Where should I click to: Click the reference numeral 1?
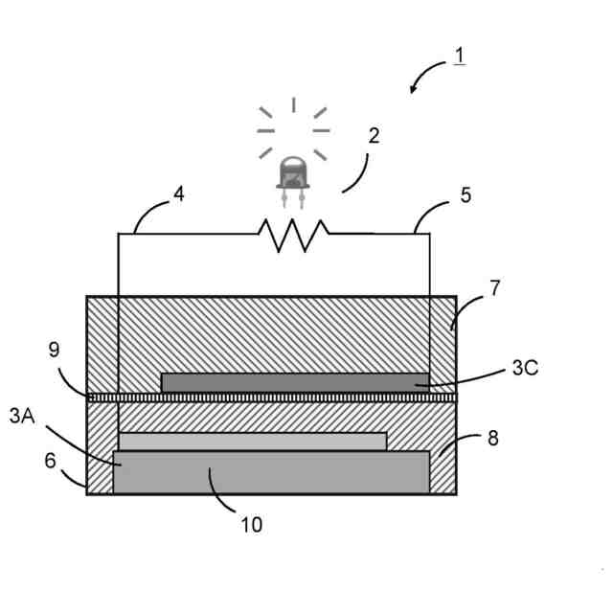click(x=460, y=56)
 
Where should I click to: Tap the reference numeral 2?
click(x=374, y=135)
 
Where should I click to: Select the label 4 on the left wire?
click(x=178, y=194)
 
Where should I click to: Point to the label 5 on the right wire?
click(x=465, y=195)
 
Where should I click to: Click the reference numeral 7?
click(x=494, y=287)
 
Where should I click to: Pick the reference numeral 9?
click(x=54, y=351)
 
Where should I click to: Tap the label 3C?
click(x=526, y=368)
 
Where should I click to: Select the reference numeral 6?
click(x=51, y=460)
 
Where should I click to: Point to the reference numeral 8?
click(x=493, y=439)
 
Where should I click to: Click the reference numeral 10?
click(x=252, y=524)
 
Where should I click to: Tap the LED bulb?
click(x=293, y=175)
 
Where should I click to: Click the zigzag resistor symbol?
click(x=293, y=235)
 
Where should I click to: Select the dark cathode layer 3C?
click(x=287, y=382)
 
